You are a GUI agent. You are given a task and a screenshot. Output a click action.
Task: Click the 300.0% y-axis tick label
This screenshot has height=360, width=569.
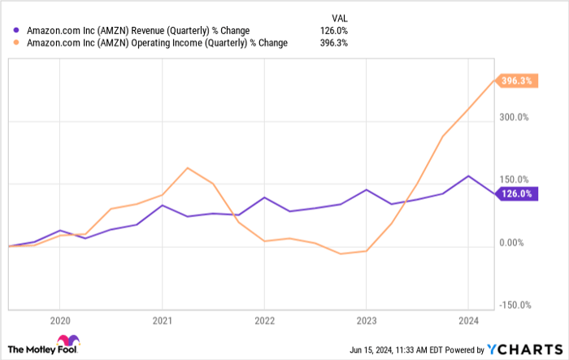click(514, 117)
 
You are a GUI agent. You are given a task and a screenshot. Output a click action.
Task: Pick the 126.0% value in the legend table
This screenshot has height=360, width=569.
click(334, 31)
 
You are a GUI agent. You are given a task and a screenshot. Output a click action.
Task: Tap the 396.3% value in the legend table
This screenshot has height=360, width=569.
click(334, 43)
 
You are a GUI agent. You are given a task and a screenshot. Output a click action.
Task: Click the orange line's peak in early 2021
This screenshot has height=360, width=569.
click(188, 168)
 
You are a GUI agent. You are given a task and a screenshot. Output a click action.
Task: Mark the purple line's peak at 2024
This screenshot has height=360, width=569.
click(467, 176)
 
